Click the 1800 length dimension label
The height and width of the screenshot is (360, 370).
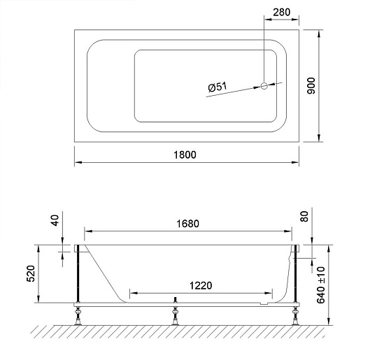click(x=185, y=154)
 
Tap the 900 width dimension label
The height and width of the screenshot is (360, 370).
click(x=311, y=86)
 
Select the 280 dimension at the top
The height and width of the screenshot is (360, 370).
click(x=281, y=12)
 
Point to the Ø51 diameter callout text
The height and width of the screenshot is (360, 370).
click(x=218, y=87)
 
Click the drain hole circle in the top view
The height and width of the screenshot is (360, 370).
click(x=264, y=86)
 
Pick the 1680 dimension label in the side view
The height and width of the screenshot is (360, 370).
click(x=188, y=224)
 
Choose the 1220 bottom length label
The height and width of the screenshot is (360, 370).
click(x=201, y=285)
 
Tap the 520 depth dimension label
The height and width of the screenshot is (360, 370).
click(x=31, y=273)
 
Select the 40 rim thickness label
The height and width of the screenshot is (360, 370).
click(x=55, y=220)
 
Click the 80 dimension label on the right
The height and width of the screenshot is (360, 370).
click(x=304, y=216)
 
